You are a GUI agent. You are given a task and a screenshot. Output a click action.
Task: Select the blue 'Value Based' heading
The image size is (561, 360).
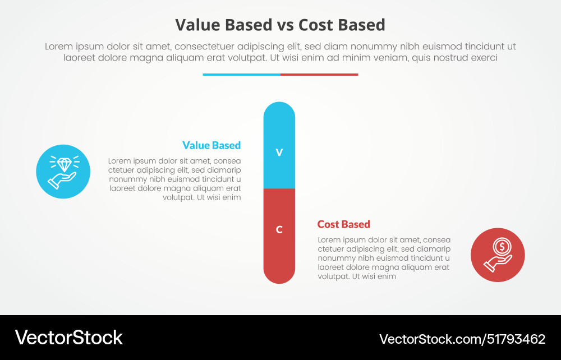click(211, 145)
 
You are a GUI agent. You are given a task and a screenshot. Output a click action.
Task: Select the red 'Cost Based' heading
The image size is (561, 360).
click(343, 224)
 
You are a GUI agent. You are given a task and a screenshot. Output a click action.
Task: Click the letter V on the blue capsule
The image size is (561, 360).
click(279, 153)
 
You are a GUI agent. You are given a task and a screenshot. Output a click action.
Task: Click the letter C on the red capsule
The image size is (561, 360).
click(279, 229)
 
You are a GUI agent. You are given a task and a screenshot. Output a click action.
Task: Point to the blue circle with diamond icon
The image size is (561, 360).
click(63, 172)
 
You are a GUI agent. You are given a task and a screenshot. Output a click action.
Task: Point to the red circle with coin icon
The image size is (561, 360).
click(498, 255)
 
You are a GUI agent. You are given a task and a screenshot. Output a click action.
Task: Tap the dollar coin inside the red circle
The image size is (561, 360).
click(501, 246)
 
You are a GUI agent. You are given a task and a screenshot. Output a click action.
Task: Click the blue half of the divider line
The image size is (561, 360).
click(241, 74)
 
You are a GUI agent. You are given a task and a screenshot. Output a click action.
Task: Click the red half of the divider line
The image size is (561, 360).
click(319, 74)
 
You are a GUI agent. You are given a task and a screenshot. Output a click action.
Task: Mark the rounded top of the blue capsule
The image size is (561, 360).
click(279, 109)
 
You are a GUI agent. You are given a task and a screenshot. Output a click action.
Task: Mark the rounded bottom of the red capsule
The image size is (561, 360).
click(279, 276)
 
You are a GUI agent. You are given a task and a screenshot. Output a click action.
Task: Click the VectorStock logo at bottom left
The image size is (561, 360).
click(68, 338)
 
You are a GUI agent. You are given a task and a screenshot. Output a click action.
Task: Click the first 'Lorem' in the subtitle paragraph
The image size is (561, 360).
click(59, 47)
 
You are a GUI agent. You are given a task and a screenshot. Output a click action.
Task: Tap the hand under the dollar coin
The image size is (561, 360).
click(496, 262)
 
